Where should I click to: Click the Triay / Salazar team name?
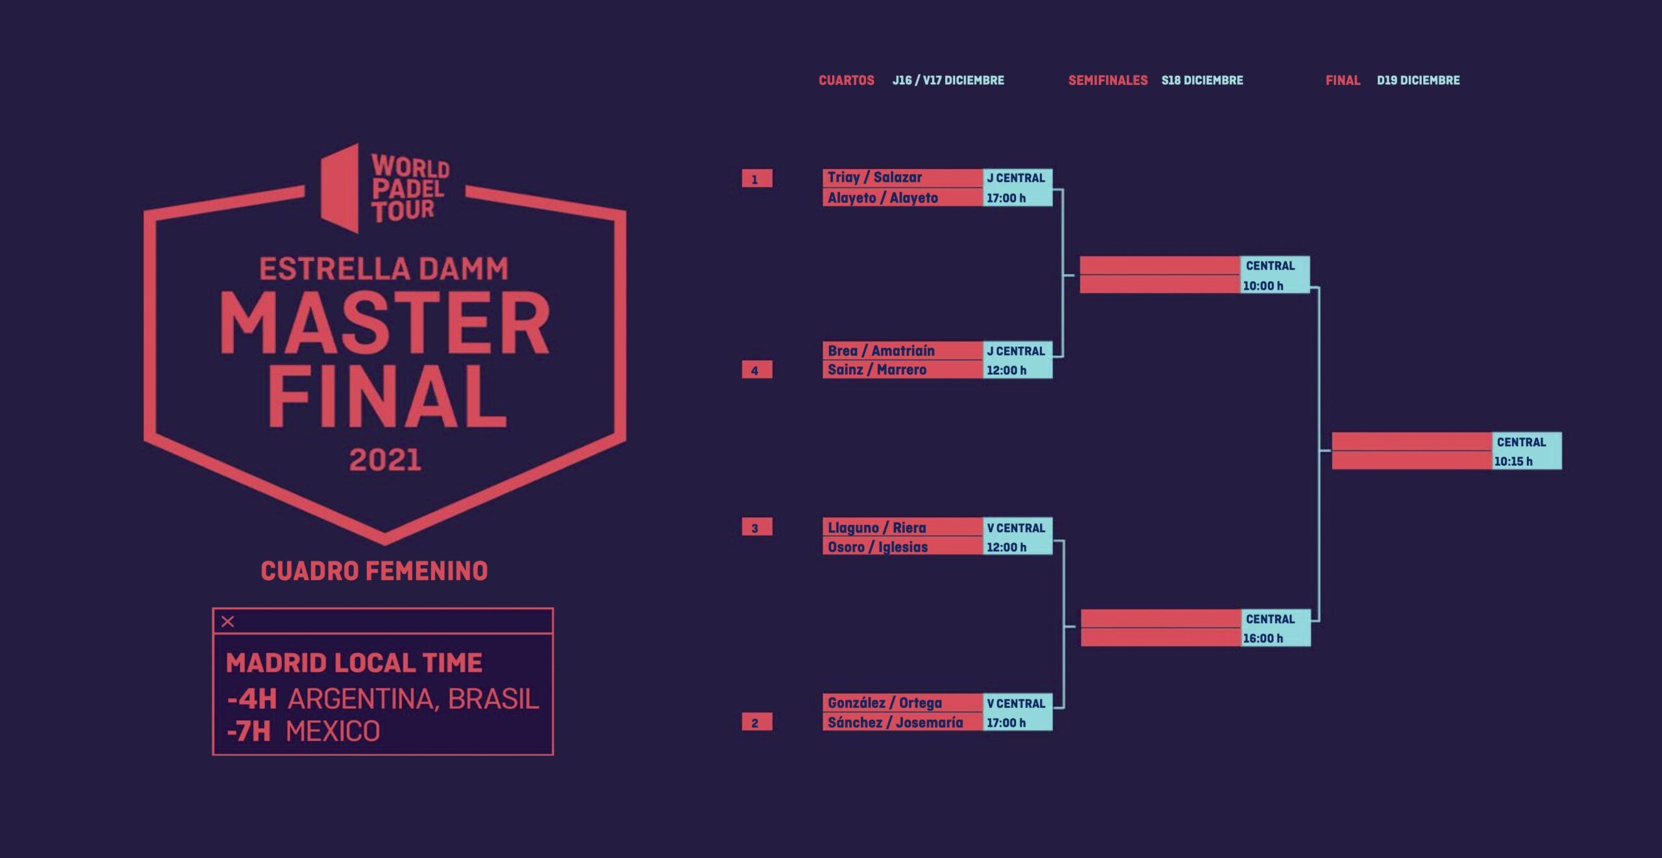point(874,177)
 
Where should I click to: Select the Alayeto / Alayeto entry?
point(882,198)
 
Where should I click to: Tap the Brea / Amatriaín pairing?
point(881,351)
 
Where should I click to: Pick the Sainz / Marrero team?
point(876,370)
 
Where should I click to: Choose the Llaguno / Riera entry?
point(876,528)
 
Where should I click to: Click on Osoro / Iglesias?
point(877,547)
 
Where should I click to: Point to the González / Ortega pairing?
point(884,703)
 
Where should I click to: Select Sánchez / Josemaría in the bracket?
point(895,722)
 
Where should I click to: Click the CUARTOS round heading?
point(846,81)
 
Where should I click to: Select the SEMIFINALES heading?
point(1108,81)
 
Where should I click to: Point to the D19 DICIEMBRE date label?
point(1418,81)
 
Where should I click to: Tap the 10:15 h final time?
point(1513,462)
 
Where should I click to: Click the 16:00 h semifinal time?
point(1263,638)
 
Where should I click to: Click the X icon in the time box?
point(228,622)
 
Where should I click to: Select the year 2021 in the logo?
point(385,460)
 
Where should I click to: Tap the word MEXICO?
point(332,731)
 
